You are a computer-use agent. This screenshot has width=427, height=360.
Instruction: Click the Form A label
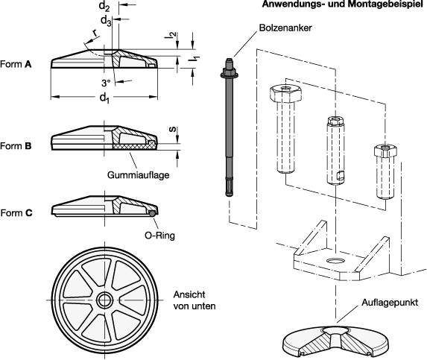(16, 64)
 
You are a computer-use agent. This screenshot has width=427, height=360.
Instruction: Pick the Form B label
(16, 146)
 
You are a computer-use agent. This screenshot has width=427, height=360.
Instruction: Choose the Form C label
(16, 212)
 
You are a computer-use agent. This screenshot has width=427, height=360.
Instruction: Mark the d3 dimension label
(106, 22)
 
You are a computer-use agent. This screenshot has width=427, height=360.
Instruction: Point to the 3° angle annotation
(105, 82)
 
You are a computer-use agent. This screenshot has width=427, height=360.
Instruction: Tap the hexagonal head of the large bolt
(285, 95)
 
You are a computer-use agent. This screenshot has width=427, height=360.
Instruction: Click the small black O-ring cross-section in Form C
(152, 213)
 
